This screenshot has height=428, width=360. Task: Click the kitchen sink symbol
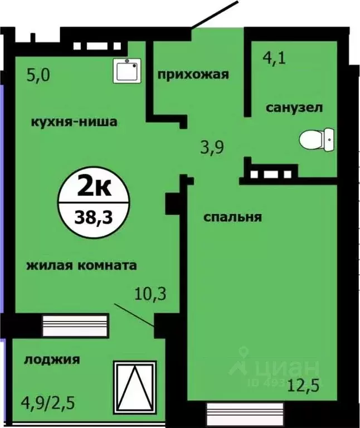(128, 70)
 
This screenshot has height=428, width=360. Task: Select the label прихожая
(193, 74)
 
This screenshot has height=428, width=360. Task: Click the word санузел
(293, 108)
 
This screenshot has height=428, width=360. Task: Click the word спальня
(232, 217)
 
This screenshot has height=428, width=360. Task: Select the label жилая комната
(81, 265)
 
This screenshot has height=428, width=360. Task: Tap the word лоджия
(51, 359)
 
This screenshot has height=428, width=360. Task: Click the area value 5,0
(38, 75)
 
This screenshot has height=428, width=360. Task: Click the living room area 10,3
(151, 291)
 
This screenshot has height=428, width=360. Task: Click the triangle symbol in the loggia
(135, 385)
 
